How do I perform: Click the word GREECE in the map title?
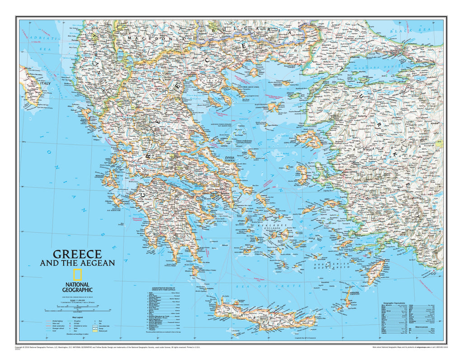pos(77,254)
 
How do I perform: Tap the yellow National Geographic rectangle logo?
pos(77,275)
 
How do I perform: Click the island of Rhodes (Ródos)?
pos(376,271)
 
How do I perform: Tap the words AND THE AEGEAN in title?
pos(77,263)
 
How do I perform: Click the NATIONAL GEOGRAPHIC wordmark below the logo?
pos(77,287)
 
